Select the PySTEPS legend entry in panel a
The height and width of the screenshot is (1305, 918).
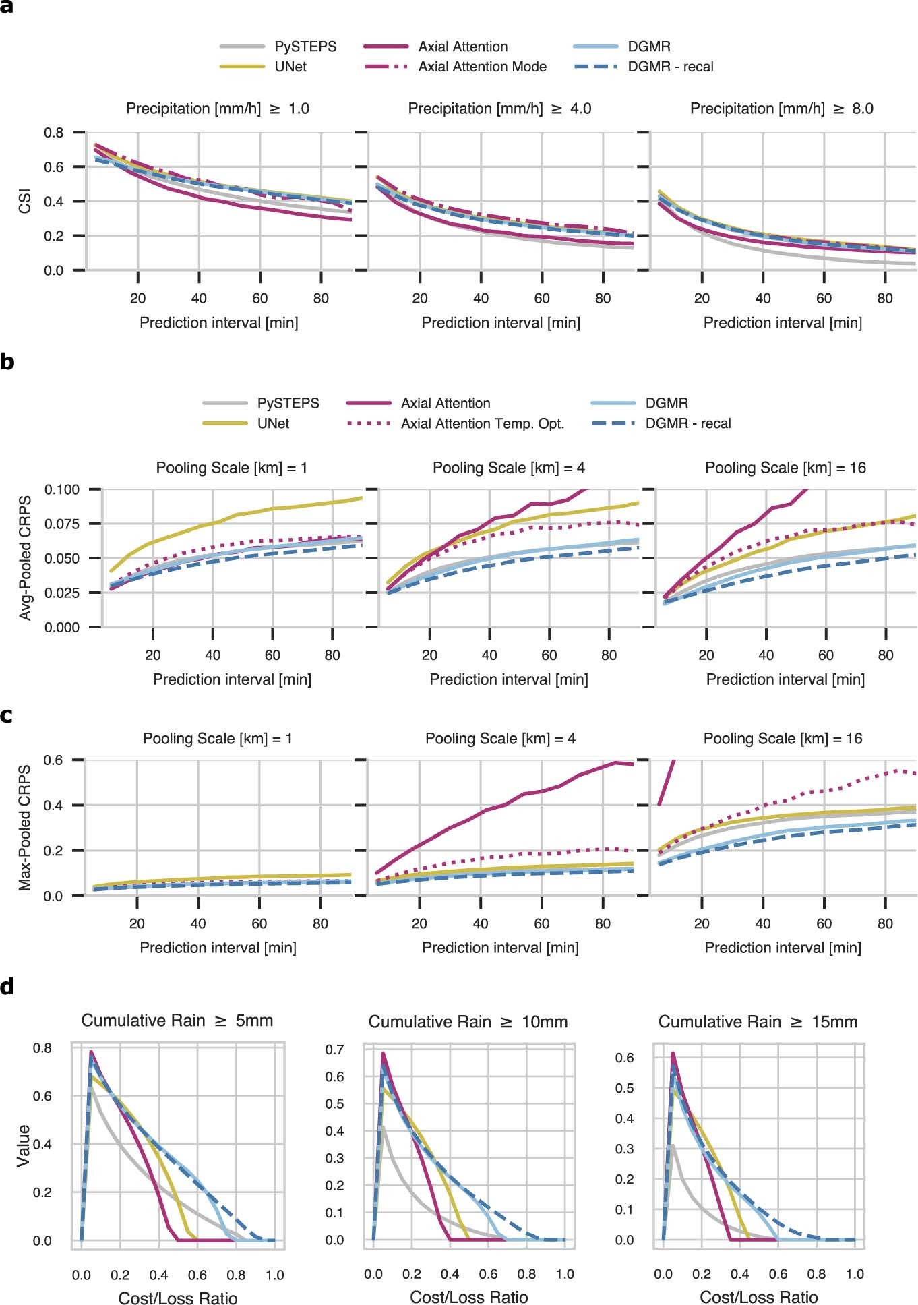pos(305,47)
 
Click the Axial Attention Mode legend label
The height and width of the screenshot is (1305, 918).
pos(482,67)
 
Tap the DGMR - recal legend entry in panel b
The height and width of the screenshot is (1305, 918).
pos(687,423)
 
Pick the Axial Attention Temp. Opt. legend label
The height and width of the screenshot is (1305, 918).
pos(483,423)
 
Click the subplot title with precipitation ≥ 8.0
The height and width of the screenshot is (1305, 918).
pos(781,109)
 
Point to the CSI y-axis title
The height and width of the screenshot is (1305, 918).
pos(25,202)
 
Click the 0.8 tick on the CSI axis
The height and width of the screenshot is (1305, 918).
pos(54,133)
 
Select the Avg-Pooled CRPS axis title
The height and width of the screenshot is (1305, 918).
pos(25,558)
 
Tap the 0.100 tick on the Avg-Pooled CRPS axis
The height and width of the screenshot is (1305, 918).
pos(62,489)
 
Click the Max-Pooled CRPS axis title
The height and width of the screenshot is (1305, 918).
pos(25,828)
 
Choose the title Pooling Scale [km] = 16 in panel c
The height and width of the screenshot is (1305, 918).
pos(783,739)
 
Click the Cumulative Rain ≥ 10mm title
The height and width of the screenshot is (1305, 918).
pos(468,1022)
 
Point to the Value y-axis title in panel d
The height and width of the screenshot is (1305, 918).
pos(24,1145)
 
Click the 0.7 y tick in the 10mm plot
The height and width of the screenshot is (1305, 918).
pos(335,1050)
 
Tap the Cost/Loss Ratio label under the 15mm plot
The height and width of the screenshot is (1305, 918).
pos(758,1297)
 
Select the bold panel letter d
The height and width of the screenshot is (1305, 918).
pos(7,987)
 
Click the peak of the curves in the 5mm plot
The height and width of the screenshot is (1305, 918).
pos(91,1052)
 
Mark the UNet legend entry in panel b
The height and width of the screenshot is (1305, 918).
pos(273,423)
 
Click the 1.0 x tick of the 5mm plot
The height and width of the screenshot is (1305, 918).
pos(274,1275)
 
